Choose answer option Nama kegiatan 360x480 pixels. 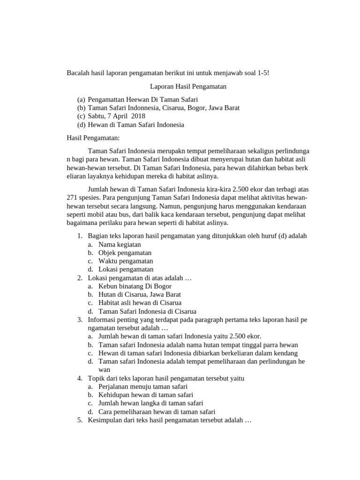pyautogui.click(x=120, y=244)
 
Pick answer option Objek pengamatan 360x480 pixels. pyautogui.click(x=125, y=253)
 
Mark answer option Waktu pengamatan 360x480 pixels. pyautogui.click(x=126, y=261)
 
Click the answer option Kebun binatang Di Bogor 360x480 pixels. pyautogui.click(x=135, y=286)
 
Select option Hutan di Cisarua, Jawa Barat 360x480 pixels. pyautogui.click(x=140, y=294)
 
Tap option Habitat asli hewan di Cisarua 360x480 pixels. pyautogui.click(x=140, y=303)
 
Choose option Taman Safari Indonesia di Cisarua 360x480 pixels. pyautogui.click(x=147, y=311)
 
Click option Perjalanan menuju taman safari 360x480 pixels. pyautogui.click(x=143, y=386)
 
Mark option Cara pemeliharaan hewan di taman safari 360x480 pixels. pyautogui.click(x=153, y=412)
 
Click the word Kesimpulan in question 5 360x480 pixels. pyautogui.click(x=104, y=420)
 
